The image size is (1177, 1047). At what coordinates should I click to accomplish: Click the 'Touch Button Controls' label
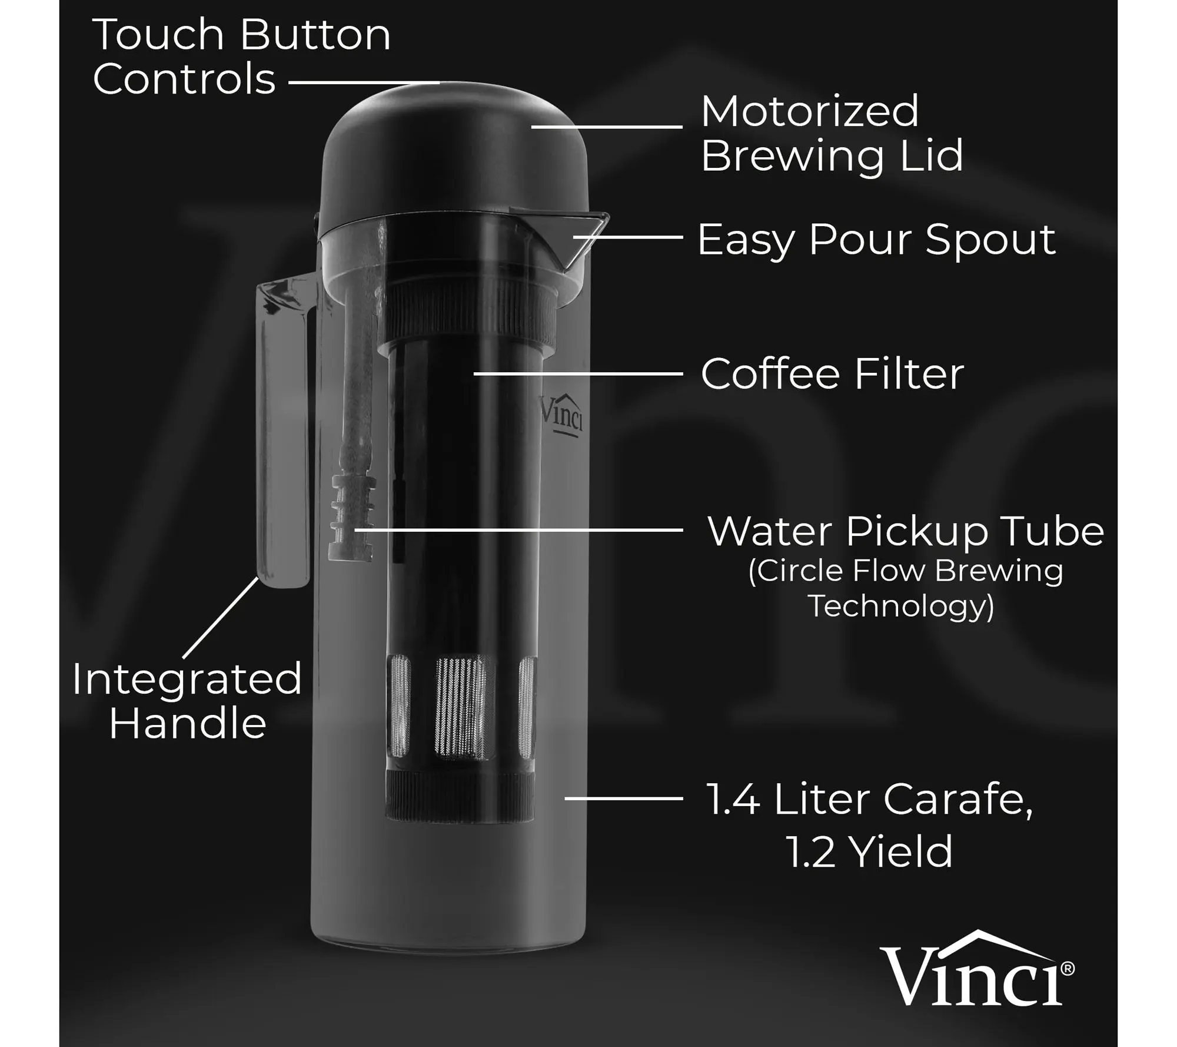click(242, 57)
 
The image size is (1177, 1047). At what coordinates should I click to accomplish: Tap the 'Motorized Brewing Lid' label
click(832, 134)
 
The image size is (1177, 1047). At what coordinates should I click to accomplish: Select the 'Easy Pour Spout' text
click(876, 240)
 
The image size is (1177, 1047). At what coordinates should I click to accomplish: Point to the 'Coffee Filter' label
click(832, 373)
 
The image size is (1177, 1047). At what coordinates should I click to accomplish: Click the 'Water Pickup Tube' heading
click(906, 531)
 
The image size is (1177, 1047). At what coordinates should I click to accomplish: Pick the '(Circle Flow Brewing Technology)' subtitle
click(905, 588)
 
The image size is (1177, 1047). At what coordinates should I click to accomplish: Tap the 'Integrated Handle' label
click(187, 701)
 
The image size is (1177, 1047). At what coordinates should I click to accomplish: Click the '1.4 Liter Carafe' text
click(869, 800)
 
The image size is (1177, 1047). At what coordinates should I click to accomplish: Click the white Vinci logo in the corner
click(976, 969)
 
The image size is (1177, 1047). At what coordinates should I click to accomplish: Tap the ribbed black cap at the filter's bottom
click(460, 796)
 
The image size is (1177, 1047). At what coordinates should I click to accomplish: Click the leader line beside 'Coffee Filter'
click(578, 373)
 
